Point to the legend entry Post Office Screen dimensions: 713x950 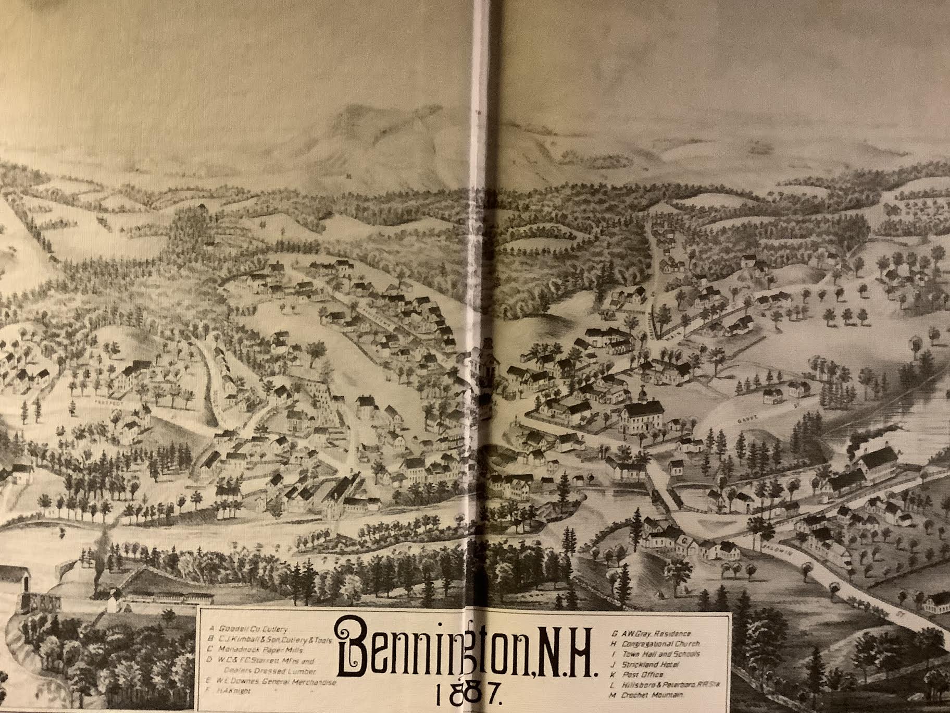tap(641, 674)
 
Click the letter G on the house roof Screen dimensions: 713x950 tap(680, 542)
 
